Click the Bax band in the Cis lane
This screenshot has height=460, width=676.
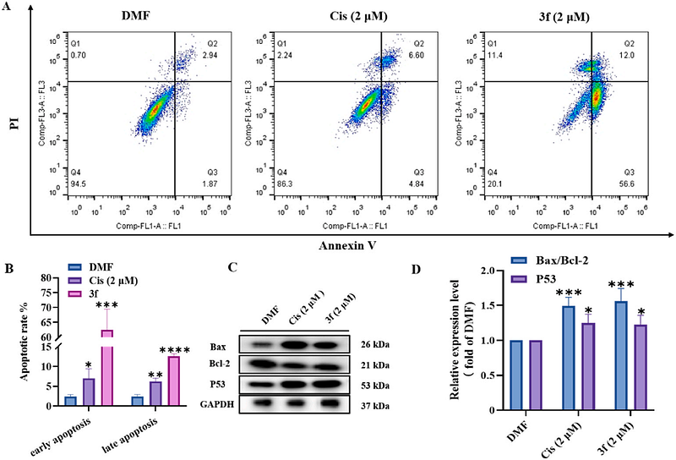coord(292,346)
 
